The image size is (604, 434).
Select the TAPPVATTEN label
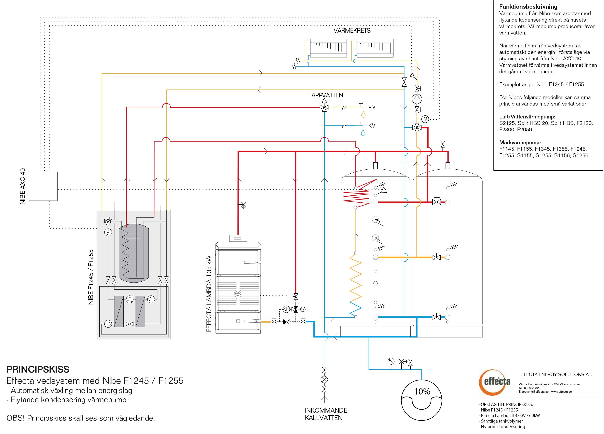pyautogui.click(x=325, y=95)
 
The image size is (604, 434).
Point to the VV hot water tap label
pyautogui.click(x=372, y=107)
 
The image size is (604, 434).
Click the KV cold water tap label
pyautogui.click(x=372, y=125)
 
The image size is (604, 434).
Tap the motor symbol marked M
pyautogui.click(x=425, y=119)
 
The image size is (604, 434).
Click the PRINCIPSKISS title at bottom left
pyautogui.click(x=38, y=369)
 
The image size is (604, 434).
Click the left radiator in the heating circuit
pyautogui.click(x=328, y=48)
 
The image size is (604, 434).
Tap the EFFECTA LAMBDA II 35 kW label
pyautogui.click(x=209, y=294)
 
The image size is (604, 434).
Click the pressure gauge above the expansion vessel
pyautogui.click(x=391, y=361)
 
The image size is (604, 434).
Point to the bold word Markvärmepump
pyautogui.click(x=520, y=143)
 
